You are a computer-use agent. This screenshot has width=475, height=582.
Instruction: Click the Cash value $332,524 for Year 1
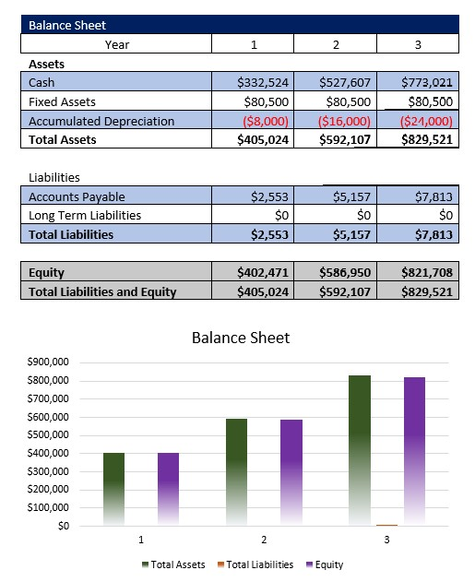[x=263, y=83]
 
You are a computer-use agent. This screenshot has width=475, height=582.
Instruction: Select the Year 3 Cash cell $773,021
[x=427, y=83]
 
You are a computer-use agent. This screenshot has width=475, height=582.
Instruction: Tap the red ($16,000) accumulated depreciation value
[x=344, y=121]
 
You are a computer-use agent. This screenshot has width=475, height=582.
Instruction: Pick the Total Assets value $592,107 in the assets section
[x=344, y=140]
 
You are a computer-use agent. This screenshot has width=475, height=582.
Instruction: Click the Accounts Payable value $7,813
[x=427, y=196]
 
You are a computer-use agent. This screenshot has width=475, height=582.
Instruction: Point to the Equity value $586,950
[x=344, y=273]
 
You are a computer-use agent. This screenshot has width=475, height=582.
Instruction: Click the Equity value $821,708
[x=427, y=273]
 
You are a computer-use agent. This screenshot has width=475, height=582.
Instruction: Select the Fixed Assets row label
[x=62, y=101]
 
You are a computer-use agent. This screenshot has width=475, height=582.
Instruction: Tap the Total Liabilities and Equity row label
[x=102, y=292]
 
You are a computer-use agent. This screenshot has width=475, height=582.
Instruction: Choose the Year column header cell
[x=117, y=43]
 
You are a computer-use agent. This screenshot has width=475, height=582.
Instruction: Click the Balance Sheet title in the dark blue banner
[x=66, y=25]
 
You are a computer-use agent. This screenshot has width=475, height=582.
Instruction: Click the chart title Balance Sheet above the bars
[x=241, y=338]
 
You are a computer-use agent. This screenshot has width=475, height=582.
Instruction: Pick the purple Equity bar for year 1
[x=168, y=489]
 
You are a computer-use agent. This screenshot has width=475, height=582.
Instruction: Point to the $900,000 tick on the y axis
[x=50, y=362]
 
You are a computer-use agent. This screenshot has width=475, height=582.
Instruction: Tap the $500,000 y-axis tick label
[x=50, y=435]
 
